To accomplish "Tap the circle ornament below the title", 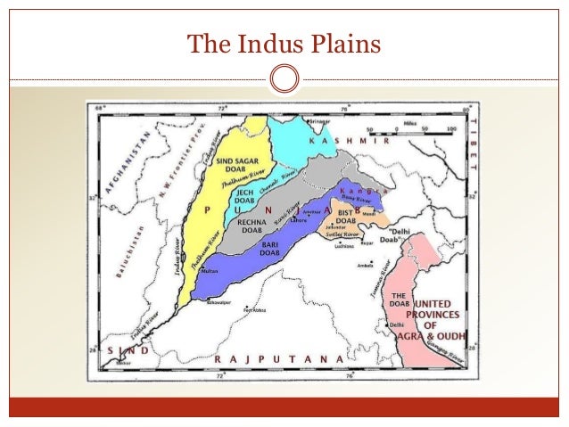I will coord(284,78).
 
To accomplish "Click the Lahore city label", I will coord(299,220).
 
